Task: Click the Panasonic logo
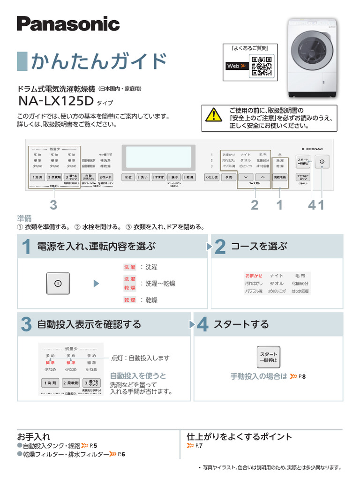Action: [x=68, y=23]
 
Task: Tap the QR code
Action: [x=262, y=66]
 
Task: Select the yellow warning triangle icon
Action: [x=214, y=114]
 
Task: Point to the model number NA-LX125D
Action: [x=56, y=101]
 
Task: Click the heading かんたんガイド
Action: [x=98, y=61]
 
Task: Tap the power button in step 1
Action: [x=58, y=283]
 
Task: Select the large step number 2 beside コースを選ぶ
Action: [x=219, y=247]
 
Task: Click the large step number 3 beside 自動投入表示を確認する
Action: [x=26, y=325]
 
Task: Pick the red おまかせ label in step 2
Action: [x=254, y=276]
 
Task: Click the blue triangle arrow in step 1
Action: [x=96, y=284]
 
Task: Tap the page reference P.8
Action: [x=302, y=376]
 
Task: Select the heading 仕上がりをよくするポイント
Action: [x=239, y=436]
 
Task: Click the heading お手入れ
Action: [x=34, y=436]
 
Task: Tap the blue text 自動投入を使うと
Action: [x=138, y=375]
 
